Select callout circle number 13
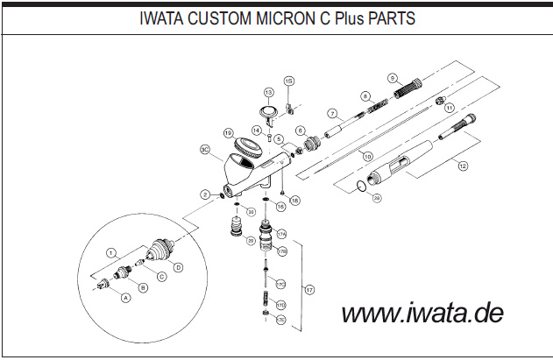point(269,91)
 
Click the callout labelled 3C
point(203,150)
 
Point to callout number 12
point(462,164)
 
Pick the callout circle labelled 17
point(308,288)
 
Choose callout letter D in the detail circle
point(177,266)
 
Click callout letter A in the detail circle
point(125,298)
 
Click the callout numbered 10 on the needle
point(368,156)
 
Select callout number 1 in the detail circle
point(111,251)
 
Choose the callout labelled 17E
point(281,321)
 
